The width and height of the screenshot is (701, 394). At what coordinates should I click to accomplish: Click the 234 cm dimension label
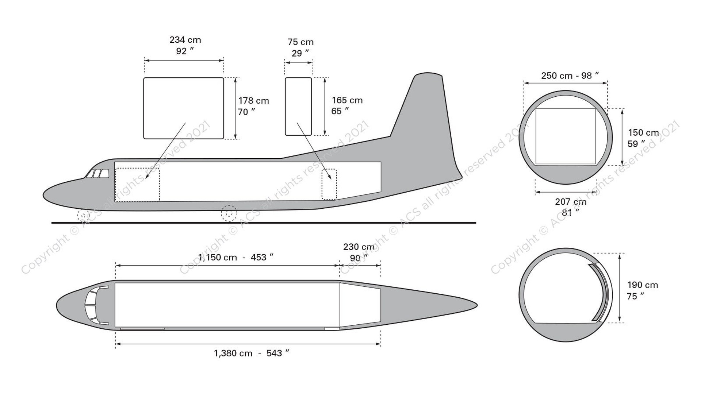(x=185, y=45)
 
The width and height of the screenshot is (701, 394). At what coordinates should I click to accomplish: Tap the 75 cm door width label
(x=300, y=48)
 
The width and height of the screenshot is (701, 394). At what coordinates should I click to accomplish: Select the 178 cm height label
(x=253, y=106)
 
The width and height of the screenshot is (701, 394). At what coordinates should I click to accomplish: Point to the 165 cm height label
(x=347, y=105)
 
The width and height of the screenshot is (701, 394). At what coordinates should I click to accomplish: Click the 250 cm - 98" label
(x=570, y=76)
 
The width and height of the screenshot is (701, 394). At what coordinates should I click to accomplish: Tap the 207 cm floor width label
(x=571, y=207)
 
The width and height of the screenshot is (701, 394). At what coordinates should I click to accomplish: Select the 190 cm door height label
(x=642, y=290)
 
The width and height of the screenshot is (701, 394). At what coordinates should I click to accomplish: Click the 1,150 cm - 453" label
(x=236, y=257)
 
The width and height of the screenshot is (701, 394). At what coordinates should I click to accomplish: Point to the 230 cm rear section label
(x=359, y=252)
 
